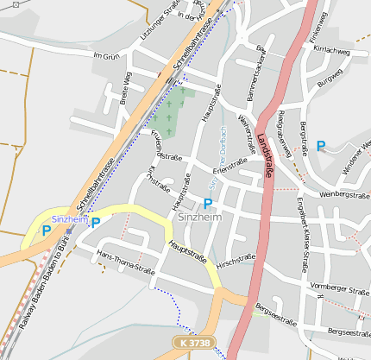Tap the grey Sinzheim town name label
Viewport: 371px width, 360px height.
pos(198,218)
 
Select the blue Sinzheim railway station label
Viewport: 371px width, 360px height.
pos(67,220)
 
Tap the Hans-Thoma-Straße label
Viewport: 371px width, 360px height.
pos(126,263)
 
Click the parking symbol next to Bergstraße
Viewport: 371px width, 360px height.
pos(321,146)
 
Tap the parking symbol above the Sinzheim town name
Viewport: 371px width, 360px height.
pos(207,204)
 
